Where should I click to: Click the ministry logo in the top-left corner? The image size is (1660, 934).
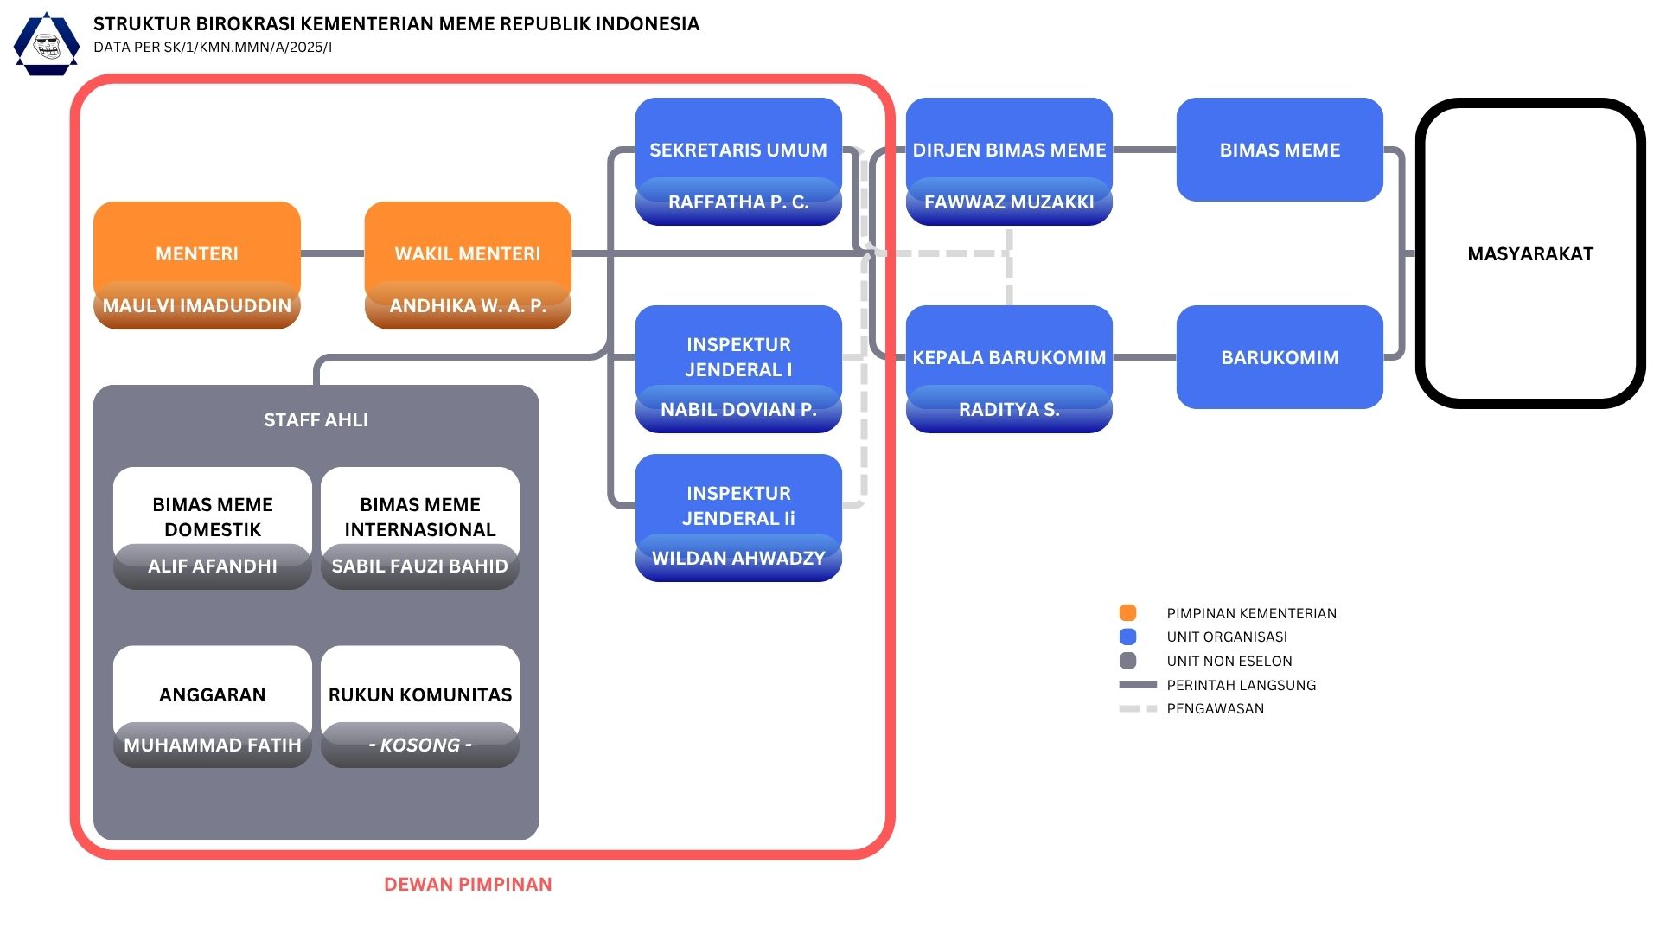47,44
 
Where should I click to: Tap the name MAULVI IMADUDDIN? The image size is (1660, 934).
197,306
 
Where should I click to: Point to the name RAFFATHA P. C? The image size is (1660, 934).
738,202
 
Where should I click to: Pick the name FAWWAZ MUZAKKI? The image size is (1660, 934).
1009,202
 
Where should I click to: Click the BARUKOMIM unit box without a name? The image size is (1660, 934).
1280,357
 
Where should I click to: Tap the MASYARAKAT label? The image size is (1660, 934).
1530,254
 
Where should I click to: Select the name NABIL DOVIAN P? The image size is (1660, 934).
738,410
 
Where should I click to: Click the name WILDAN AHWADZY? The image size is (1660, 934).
738,559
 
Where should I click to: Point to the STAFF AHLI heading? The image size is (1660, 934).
316,420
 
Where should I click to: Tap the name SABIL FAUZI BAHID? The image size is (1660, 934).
420,566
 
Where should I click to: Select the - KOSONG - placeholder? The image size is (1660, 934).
420,745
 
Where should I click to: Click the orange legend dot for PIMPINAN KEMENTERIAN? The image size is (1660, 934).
1127,613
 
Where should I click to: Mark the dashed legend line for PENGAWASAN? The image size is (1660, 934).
1138,709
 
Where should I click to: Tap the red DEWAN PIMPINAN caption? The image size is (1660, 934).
468,885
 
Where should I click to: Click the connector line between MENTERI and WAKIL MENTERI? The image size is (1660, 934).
333,254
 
